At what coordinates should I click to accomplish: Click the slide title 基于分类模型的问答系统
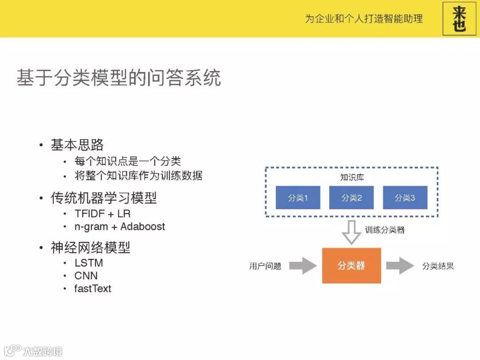tap(119, 78)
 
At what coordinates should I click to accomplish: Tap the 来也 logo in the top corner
tap(459, 19)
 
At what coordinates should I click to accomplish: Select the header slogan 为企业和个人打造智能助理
tap(364, 19)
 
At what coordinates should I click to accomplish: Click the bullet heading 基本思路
tap(77, 145)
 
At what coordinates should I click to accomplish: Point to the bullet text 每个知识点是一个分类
tap(128, 161)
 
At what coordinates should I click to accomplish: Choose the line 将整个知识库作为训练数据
tap(138, 176)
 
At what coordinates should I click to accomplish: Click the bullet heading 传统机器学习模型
tap(104, 198)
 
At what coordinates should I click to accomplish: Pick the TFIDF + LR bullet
tap(102, 213)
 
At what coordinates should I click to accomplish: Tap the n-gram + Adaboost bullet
tap(120, 227)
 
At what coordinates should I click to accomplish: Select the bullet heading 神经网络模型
tap(90, 248)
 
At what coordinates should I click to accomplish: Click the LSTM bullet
tap(88, 263)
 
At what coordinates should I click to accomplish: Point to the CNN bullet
tap(86, 276)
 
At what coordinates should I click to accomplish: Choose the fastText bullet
tap(92, 288)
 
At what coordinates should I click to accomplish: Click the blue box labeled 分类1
tap(298, 198)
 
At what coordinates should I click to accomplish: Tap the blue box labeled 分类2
tap(352, 198)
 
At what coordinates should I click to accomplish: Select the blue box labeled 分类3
tap(405, 198)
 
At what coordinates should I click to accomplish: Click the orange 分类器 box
tap(352, 266)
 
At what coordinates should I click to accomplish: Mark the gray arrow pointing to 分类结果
tap(400, 266)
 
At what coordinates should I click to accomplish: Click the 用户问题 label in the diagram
tap(265, 266)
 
